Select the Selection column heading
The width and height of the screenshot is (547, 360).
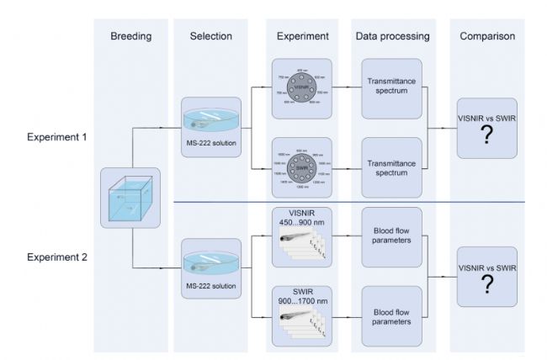click(x=210, y=37)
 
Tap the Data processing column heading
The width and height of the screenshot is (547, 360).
click(x=392, y=37)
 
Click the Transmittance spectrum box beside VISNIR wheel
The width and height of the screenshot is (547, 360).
click(x=392, y=88)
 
